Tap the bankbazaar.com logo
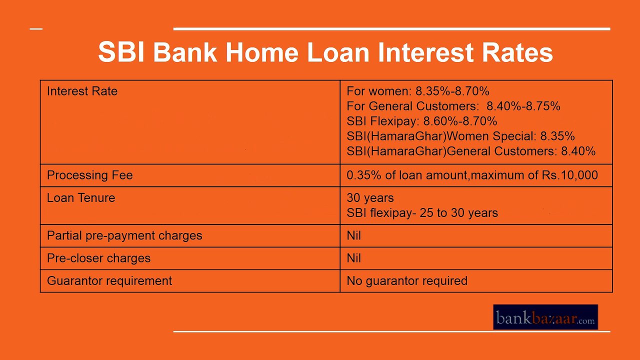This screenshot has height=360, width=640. pyautogui.click(x=545, y=317)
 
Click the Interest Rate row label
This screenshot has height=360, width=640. pyautogui.click(x=82, y=91)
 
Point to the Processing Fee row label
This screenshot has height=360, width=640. pyautogui.click(x=89, y=175)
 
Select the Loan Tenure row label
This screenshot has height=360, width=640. pyautogui.click(x=81, y=197)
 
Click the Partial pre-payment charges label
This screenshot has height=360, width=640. pyautogui.click(x=124, y=235)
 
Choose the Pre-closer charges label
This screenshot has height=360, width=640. pyautogui.click(x=98, y=258)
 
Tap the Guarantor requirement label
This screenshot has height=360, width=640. pyautogui.click(x=109, y=280)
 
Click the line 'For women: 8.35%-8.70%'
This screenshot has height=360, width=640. pyautogui.click(x=417, y=91)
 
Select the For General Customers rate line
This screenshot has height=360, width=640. pyautogui.click(x=453, y=106)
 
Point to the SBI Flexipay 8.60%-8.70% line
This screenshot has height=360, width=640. pyautogui.click(x=421, y=121)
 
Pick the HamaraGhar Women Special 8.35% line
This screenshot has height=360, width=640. pyautogui.click(x=460, y=136)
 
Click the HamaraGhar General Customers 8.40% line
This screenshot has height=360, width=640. pyautogui.click(x=471, y=151)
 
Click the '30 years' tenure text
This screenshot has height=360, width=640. pyautogui.click(x=370, y=197)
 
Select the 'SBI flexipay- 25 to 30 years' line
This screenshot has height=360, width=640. pyautogui.click(x=422, y=213)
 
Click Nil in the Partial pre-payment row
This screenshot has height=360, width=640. pyautogui.click(x=353, y=235)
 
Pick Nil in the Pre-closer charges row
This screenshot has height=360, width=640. pyautogui.click(x=353, y=258)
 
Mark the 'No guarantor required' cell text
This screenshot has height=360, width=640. pyautogui.click(x=407, y=280)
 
